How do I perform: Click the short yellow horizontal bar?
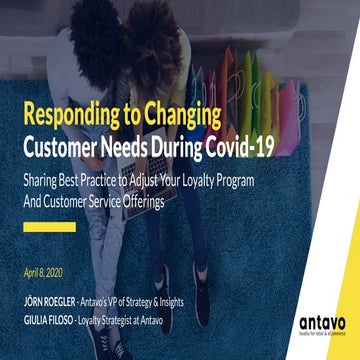(50, 226)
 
